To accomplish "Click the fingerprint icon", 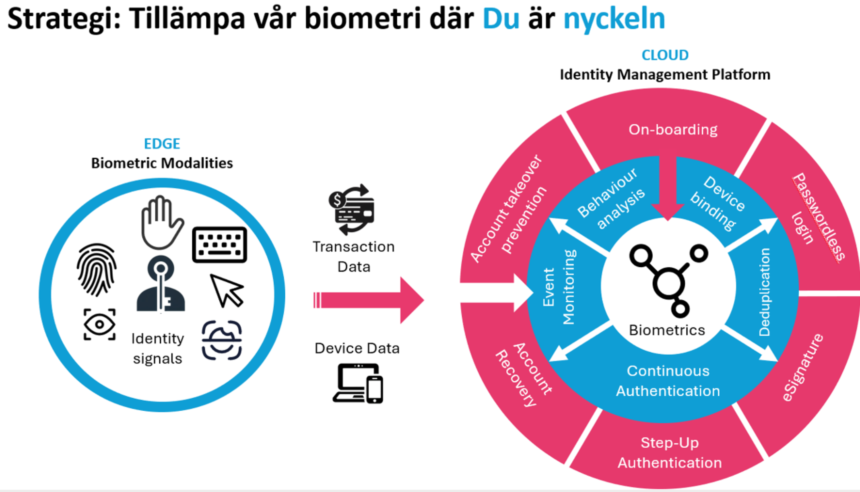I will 97,269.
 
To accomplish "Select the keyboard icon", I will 219,245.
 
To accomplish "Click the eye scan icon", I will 99,325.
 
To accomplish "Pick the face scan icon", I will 222,340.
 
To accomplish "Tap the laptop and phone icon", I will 358,383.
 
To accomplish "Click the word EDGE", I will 162,144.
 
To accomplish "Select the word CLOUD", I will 665,55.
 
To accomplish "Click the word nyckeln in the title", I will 614,19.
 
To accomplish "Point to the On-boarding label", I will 673,130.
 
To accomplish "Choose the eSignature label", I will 803,367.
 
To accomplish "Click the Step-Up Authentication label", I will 670,453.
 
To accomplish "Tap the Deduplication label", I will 765,292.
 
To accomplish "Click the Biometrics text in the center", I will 667,330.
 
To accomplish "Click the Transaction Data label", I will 354,256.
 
